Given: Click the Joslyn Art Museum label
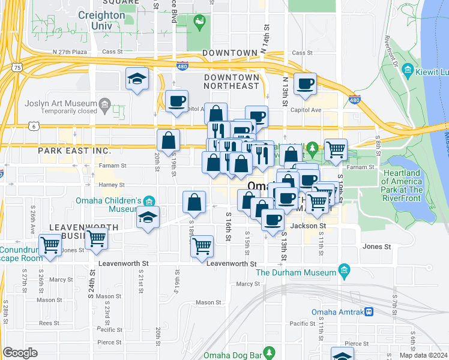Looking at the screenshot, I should click(58, 103).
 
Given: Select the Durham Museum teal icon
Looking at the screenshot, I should click(344, 272).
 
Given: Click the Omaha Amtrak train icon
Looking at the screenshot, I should click(369, 312).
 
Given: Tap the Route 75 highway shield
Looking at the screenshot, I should click(20, 67).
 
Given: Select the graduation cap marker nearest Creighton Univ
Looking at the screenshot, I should click(137, 79).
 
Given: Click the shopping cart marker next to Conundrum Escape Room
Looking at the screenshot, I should click(50, 244).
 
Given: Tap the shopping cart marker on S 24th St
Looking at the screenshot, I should click(96, 238).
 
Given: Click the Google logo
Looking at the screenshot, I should click(20, 353).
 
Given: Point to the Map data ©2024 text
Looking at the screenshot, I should click(423, 355).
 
